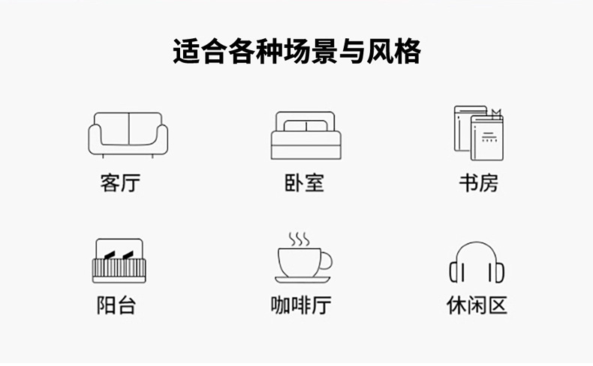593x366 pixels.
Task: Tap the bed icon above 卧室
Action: pyautogui.click(x=306, y=136)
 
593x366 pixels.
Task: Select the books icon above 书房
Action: pyautogui.click(x=478, y=133)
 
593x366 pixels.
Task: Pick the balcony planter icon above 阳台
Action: pyautogui.click(x=119, y=261)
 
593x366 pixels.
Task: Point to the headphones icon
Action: pyautogui.click(x=477, y=262)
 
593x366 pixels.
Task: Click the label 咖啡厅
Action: pyautogui.click(x=301, y=305)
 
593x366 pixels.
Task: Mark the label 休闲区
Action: pyautogui.click(x=477, y=305)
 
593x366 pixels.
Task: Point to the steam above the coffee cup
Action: pyautogui.click(x=299, y=239)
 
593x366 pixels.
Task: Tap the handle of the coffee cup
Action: pyautogui.click(x=327, y=260)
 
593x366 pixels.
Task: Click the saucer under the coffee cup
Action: pyautogui.click(x=303, y=280)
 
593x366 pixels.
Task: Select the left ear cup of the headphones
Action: pyautogui.click(x=455, y=271)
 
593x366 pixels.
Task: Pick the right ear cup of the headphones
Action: pyautogui.click(x=498, y=271)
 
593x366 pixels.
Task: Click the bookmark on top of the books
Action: pyautogui.click(x=495, y=113)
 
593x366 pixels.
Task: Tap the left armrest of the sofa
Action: pyautogui.click(x=95, y=139)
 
